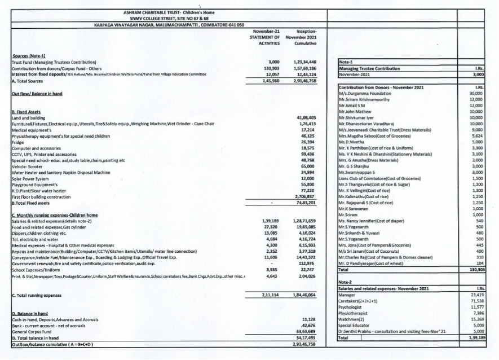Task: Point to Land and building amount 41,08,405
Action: click(305, 117)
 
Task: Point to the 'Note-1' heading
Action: click(345, 63)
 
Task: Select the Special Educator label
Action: click(354, 326)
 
